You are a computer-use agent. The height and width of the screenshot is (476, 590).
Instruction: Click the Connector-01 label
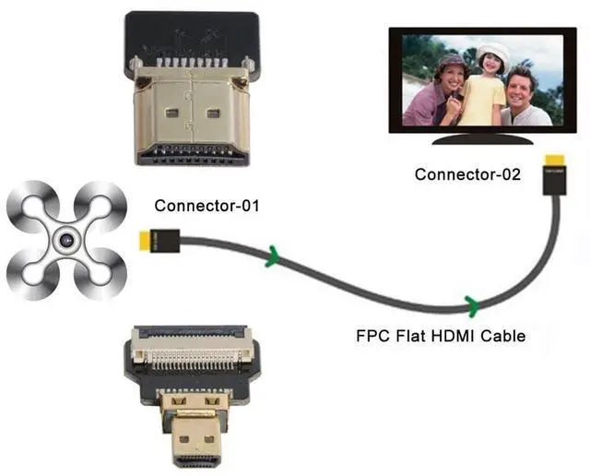click(x=206, y=205)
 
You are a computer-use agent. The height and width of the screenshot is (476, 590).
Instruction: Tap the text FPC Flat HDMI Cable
click(x=441, y=336)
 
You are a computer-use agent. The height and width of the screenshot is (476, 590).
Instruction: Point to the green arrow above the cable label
click(x=473, y=303)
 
